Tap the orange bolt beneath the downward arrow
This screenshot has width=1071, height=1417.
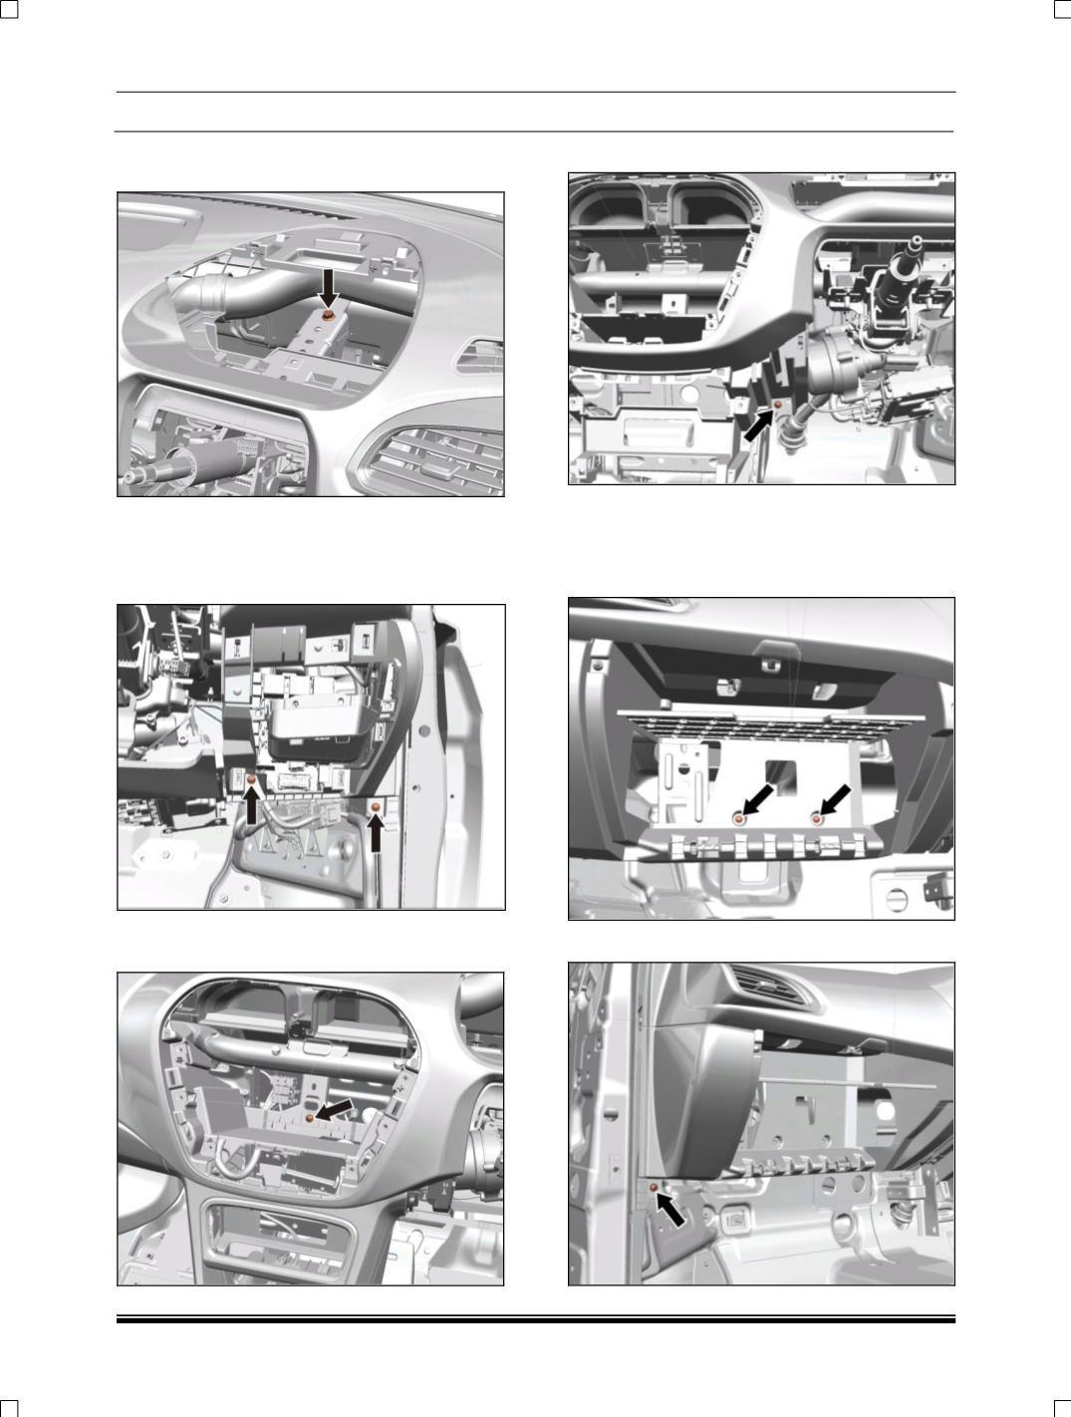coord(328,315)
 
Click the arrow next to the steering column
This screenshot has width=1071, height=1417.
coord(757,426)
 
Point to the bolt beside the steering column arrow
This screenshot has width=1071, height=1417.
coord(777,405)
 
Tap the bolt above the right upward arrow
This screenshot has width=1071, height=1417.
coord(376,805)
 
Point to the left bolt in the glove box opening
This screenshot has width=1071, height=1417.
coord(738,817)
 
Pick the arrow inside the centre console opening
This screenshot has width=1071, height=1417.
coord(334,1110)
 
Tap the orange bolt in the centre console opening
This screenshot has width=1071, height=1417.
coord(310,1119)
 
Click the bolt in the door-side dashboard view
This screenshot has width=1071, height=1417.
coord(654,1188)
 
